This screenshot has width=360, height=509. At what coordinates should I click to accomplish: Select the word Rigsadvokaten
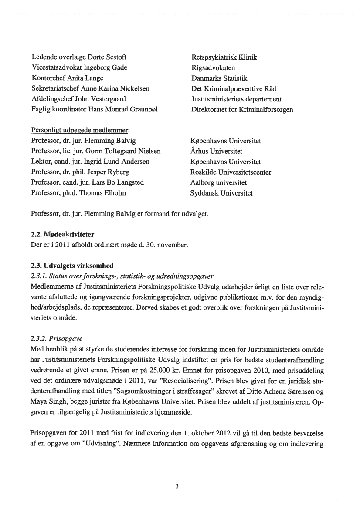(213, 68)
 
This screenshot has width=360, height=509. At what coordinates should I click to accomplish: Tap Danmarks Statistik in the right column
(219, 78)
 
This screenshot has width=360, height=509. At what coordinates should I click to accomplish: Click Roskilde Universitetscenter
(231, 172)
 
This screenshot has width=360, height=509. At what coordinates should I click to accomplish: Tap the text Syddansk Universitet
(221, 193)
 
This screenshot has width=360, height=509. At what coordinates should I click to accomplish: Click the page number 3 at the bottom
(177, 486)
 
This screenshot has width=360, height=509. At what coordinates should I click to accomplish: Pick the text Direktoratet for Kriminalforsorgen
(242, 110)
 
